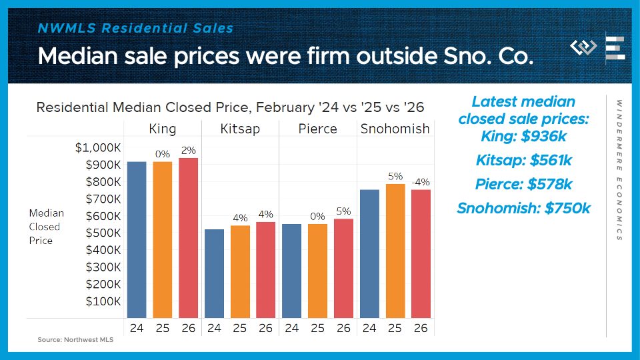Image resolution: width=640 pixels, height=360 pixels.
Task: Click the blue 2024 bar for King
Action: (x=137, y=239)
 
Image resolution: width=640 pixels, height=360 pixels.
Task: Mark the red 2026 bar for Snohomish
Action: (x=421, y=253)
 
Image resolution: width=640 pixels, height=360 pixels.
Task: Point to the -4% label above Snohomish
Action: (x=420, y=182)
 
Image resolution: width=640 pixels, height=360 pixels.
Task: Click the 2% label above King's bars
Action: (x=188, y=151)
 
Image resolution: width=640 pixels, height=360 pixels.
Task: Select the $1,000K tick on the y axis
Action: (x=99, y=147)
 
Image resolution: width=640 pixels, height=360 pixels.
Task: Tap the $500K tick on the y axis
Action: (x=103, y=233)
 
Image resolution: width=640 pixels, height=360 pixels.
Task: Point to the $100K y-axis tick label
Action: (x=103, y=301)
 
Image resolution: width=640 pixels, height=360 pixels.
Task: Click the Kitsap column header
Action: (x=239, y=129)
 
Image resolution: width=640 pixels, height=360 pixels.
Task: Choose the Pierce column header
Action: (x=317, y=129)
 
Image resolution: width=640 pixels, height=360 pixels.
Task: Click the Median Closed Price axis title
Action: (x=46, y=227)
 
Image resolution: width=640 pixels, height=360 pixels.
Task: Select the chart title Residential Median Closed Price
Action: (x=229, y=107)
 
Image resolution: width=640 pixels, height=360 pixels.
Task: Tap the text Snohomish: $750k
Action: (x=523, y=208)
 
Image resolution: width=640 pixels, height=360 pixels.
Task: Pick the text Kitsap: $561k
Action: (x=523, y=161)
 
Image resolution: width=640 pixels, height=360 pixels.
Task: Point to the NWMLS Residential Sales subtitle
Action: (x=135, y=28)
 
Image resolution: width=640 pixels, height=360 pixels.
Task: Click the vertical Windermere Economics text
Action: (x=619, y=170)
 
